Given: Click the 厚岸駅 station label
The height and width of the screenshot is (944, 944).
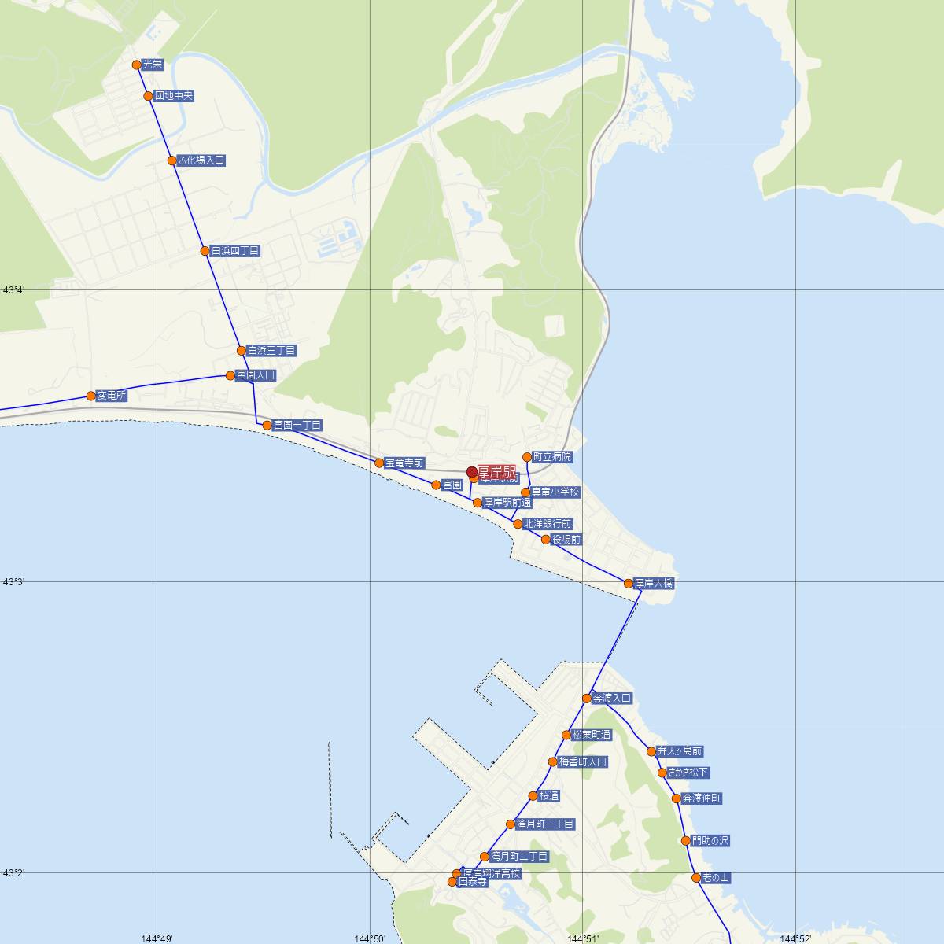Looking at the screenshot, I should (496, 472).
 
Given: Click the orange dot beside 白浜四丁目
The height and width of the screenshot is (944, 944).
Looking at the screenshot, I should (205, 251).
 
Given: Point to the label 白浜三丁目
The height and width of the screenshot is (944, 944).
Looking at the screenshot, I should (271, 350).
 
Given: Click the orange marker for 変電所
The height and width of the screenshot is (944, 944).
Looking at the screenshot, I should (91, 396).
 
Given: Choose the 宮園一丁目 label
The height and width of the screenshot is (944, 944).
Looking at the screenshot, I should (297, 425).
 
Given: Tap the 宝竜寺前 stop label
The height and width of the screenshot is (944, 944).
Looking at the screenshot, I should (404, 463).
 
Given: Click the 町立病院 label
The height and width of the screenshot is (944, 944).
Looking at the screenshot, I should (552, 456).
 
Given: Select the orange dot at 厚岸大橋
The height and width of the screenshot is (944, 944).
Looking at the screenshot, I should (628, 584).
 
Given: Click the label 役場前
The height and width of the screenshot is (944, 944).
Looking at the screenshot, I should (566, 540).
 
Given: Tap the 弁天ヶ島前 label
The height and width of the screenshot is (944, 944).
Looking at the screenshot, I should (680, 751).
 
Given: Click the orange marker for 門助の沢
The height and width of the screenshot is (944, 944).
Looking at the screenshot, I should (686, 841).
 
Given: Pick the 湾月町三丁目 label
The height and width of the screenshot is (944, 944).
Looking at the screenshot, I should (545, 824).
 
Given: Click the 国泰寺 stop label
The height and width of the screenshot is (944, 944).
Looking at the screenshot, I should (473, 882).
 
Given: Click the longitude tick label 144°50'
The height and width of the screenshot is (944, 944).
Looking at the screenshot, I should (369, 938).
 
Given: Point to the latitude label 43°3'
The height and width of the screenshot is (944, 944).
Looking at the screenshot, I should (13, 581).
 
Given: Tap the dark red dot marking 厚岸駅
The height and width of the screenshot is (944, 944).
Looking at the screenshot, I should (472, 472).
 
